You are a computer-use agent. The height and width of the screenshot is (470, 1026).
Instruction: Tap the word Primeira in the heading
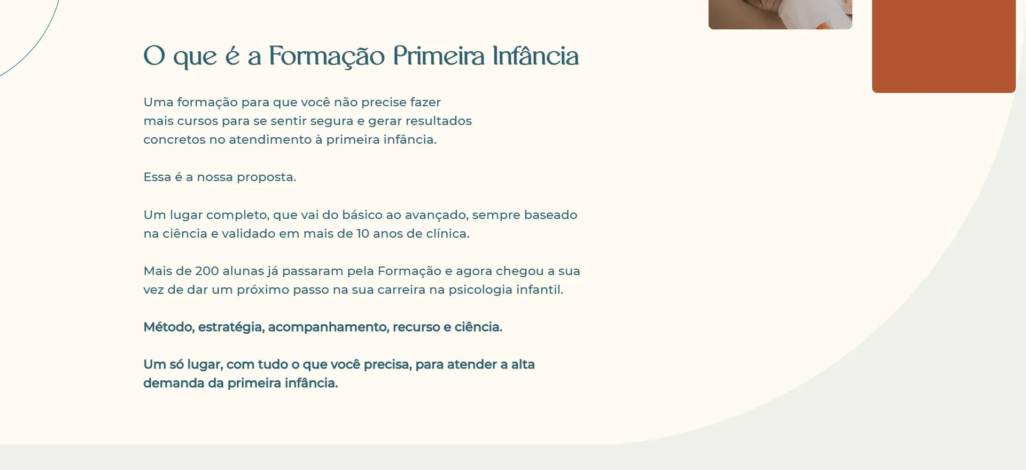tap(439, 56)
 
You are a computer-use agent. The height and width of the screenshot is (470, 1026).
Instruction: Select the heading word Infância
tap(535, 56)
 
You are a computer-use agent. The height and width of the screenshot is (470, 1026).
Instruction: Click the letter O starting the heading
tap(154, 56)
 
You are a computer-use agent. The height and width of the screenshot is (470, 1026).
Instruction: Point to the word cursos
tap(198, 121)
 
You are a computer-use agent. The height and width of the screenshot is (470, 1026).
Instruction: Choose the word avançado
tap(437, 215)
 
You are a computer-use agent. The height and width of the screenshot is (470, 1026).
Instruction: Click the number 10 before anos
tap(363, 233)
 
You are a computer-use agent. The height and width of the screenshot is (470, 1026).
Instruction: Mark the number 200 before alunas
tap(207, 271)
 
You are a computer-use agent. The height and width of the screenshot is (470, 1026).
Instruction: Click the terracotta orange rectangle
tap(944, 46)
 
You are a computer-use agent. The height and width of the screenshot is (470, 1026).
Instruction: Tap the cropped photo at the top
tap(780, 14)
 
